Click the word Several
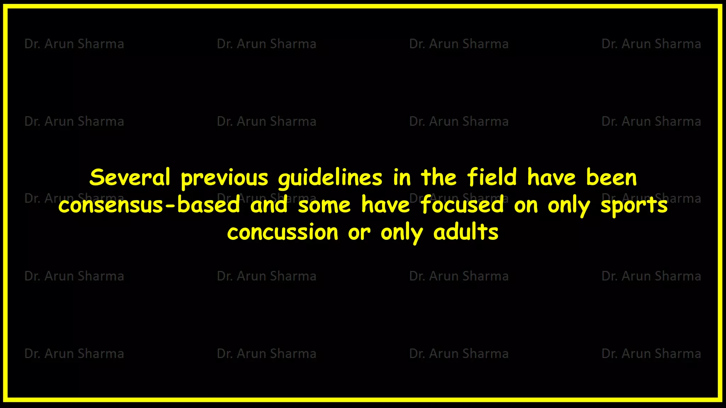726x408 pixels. point(130,177)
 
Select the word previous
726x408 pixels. point(224,178)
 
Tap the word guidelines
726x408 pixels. point(330,178)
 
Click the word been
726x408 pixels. point(611,177)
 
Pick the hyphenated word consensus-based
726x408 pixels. point(149,205)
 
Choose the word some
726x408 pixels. point(324,206)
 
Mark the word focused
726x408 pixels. point(462,205)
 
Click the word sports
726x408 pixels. point(634,206)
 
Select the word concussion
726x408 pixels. point(283,233)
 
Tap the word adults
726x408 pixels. point(466,232)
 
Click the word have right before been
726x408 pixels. point(551,177)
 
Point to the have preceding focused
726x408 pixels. point(386,205)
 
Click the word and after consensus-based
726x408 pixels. point(269,205)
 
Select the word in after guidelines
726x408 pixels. point(402,177)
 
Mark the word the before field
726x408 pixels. point(439,177)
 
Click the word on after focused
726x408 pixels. point(526,206)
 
